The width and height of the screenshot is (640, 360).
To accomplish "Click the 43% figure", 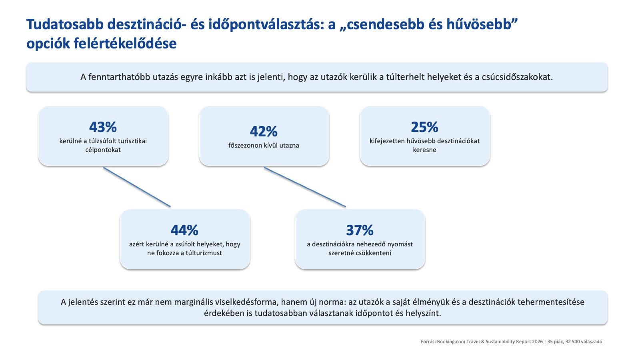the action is point(103,127).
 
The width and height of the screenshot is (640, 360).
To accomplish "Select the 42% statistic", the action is point(264,132).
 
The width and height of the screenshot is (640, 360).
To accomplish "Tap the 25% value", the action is point(424,127).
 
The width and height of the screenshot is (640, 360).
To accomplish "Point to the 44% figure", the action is point(184,230).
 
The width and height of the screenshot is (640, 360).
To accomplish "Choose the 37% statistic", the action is point(360,230).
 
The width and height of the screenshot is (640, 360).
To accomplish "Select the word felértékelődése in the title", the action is point(125,44).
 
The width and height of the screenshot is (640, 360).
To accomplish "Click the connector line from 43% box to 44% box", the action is point(137,187).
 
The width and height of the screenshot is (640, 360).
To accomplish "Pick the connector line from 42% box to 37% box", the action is point(305,187).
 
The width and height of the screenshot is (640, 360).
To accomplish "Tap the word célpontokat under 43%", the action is point(103,150).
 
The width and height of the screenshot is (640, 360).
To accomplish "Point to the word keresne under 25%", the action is point(424,150).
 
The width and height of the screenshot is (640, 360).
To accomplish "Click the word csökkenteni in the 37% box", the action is point(374,253).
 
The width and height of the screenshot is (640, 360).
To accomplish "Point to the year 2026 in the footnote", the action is point(538,342).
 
